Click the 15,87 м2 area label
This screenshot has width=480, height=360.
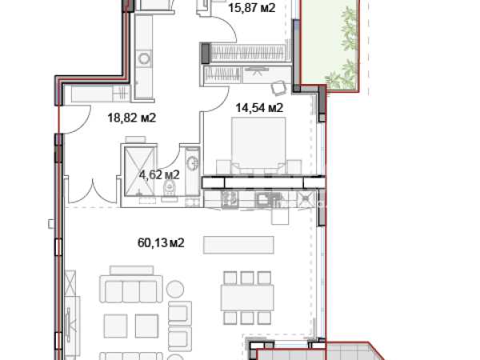tap(252, 8)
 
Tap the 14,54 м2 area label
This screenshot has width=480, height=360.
tap(259, 108)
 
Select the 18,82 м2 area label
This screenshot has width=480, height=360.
tap(132, 118)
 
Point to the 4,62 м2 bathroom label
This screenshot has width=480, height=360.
tap(159, 175)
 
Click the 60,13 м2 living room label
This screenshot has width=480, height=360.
tap(161, 243)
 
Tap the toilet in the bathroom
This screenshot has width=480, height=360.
tap(170, 188)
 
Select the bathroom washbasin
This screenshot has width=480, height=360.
tap(193, 162)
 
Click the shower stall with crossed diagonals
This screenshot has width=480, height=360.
tap(139, 171)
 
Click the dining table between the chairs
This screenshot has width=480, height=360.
tap(247, 298)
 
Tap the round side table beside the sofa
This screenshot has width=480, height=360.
tap(175, 289)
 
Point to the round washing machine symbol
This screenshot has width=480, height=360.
tap(143, 58)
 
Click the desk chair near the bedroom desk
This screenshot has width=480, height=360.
tap(279, 87)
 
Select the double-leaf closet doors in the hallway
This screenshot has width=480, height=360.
tap(92, 190)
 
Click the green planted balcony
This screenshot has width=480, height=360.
tap(330, 46)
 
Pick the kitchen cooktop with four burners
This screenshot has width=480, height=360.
tap(230, 198)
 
